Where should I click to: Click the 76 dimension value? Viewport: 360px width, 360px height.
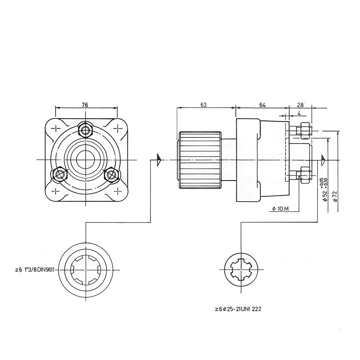click(x=85, y=105)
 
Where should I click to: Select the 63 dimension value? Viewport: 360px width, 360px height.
click(x=203, y=105)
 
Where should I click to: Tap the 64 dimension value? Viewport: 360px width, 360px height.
click(x=262, y=105)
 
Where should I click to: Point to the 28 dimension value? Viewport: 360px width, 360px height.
click(x=300, y=105)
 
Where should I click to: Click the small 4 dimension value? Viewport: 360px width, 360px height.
click(x=299, y=113)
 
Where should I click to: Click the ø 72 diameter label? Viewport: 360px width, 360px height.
click(x=336, y=196)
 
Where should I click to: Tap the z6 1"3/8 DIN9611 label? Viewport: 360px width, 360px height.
click(x=35, y=270)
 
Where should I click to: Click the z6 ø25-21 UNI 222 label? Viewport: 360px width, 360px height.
click(x=238, y=309)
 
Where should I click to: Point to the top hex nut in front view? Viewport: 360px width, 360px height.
click(x=85, y=130)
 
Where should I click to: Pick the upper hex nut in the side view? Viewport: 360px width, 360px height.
click(x=306, y=131)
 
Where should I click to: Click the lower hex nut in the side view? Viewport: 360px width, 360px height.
click(x=306, y=175)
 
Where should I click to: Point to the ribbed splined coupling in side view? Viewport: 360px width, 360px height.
click(x=200, y=160)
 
